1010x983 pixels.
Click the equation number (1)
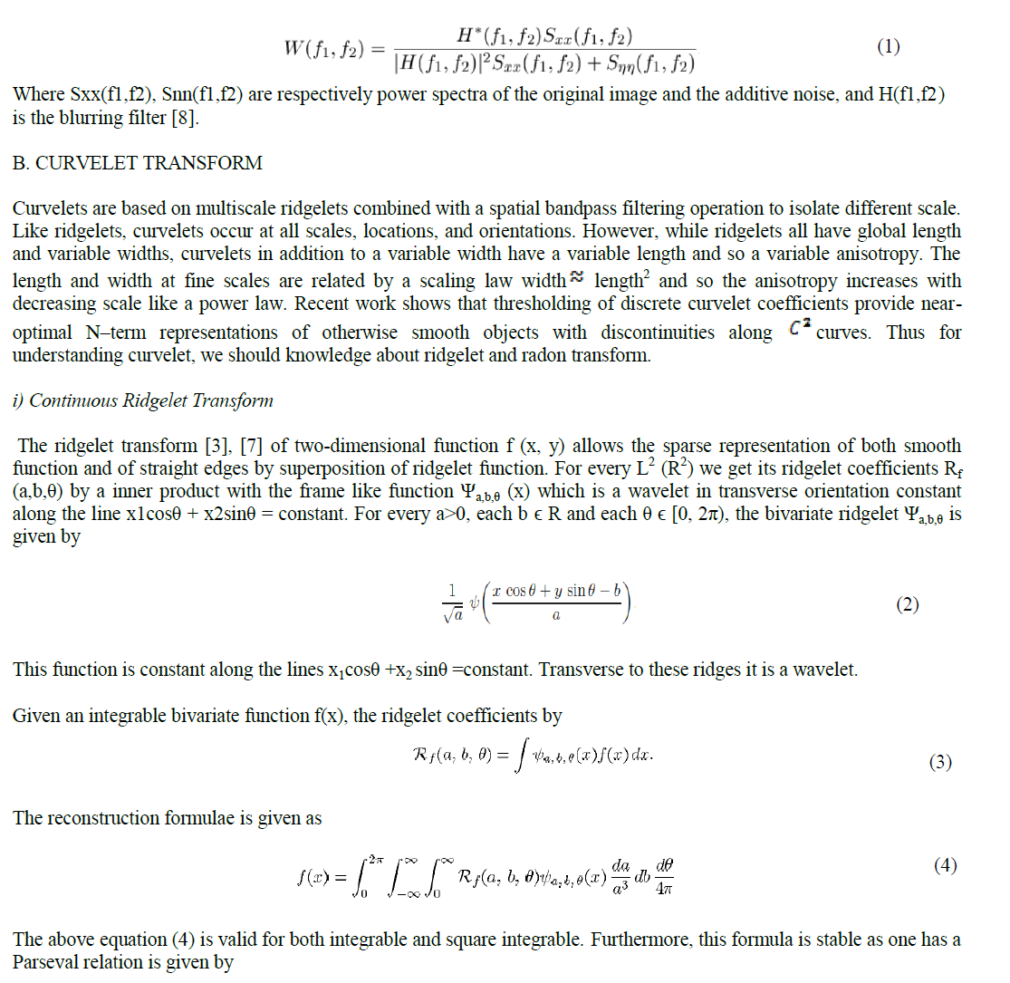[x=889, y=47]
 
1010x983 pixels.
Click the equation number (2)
[x=908, y=604]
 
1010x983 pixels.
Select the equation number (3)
[x=940, y=762]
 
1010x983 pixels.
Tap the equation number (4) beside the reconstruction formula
[x=945, y=865]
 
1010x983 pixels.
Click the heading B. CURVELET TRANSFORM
[x=138, y=163]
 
